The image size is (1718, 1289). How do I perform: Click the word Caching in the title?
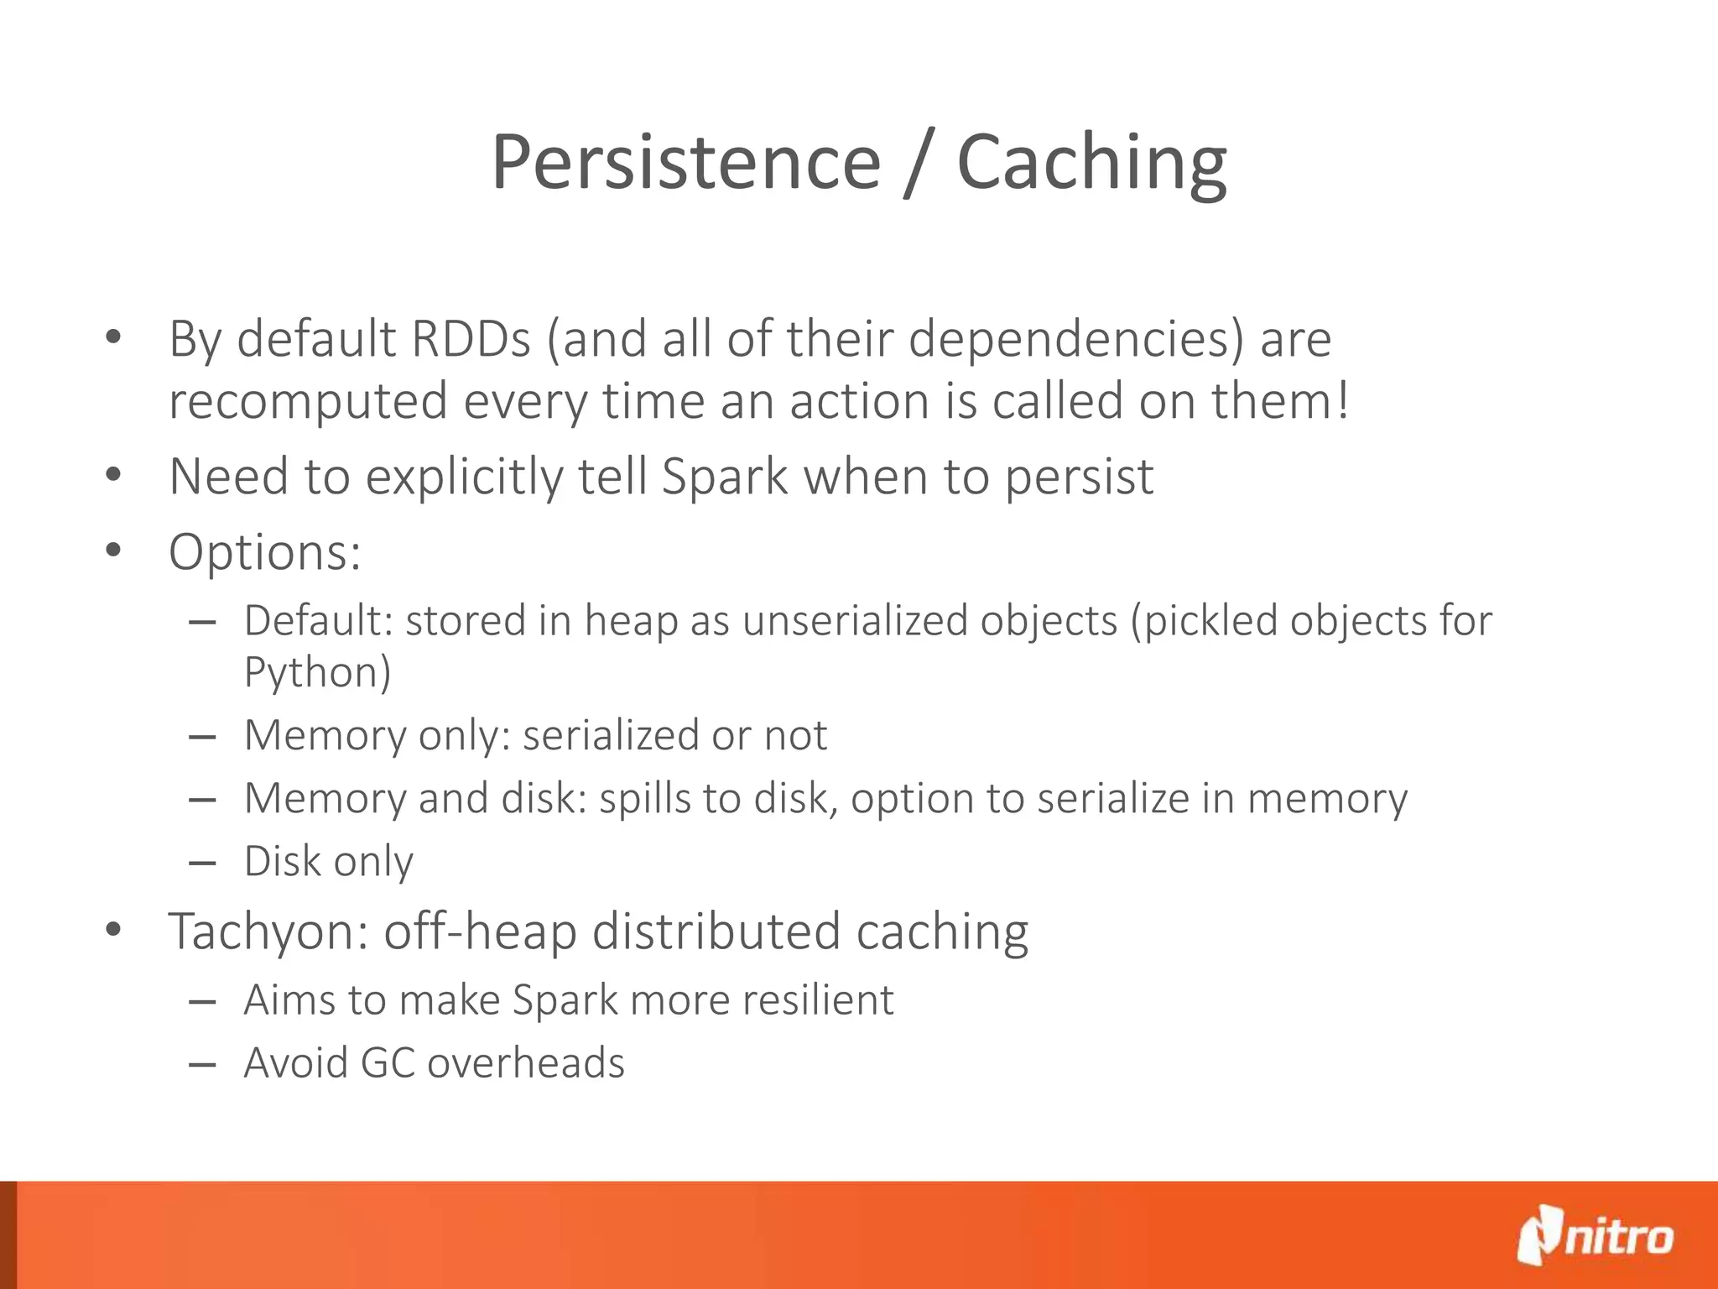pyautogui.click(x=1091, y=164)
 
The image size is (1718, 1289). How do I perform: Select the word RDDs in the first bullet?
pyautogui.click(x=471, y=339)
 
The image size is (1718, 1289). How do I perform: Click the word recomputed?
pyautogui.click(x=308, y=402)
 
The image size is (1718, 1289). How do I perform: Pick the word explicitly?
pyautogui.click(x=465, y=478)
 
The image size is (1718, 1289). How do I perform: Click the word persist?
pyautogui.click(x=1079, y=478)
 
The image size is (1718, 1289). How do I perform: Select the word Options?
pyautogui.click(x=265, y=552)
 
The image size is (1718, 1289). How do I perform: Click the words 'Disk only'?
pyautogui.click(x=328, y=862)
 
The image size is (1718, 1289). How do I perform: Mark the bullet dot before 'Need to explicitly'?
pyautogui.click(x=114, y=476)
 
